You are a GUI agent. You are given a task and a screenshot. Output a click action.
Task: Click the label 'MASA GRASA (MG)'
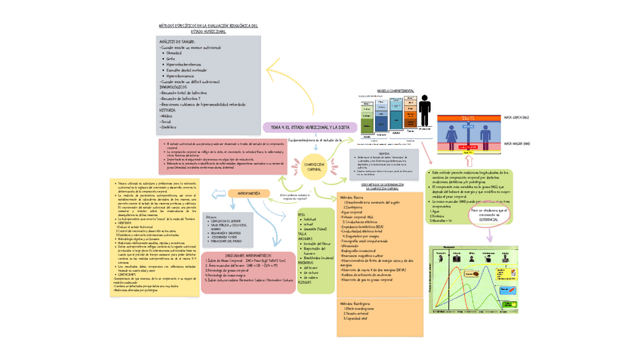(516, 118)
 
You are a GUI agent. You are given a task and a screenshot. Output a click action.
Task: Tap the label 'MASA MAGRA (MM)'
(516, 143)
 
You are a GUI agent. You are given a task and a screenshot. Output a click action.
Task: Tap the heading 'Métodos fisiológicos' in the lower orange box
(360, 303)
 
